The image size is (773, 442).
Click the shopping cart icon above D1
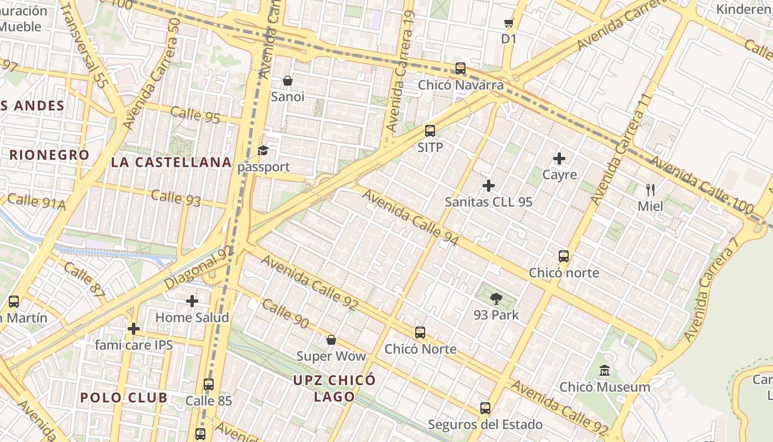click(x=509, y=23)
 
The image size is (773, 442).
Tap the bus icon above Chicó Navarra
click(x=460, y=69)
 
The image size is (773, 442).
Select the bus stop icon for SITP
click(x=430, y=131)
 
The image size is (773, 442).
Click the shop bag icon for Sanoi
click(x=288, y=81)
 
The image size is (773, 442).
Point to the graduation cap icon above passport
click(x=263, y=151)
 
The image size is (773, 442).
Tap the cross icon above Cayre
click(x=559, y=159)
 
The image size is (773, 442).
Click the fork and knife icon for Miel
click(x=650, y=190)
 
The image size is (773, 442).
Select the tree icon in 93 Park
click(x=496, y=299)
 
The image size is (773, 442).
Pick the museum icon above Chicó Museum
click(x=605, y=371)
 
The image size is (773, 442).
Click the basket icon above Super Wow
click(x=331, y=340)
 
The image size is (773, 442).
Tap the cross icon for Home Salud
click(x=192, y=301)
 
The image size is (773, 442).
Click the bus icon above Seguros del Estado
click(x=485, y=408)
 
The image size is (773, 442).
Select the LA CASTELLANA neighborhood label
click(x=171, y=162)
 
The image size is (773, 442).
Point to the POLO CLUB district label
click(x=124, y=398)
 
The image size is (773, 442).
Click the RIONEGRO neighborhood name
click(x=49, y=155)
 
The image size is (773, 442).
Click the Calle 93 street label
click(x=176, y=198)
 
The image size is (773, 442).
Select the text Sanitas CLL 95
click(x=489, y=202)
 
